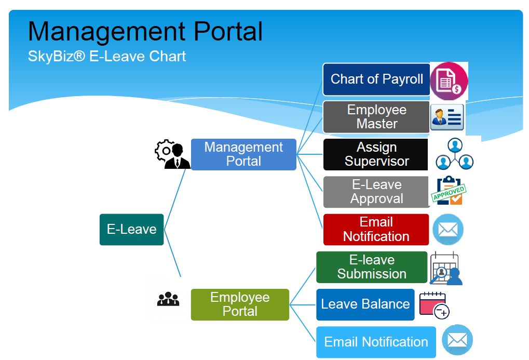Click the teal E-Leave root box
point(131,229)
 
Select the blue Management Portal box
point(243,154)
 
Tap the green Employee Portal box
point(240,304)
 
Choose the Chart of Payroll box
point(376,79)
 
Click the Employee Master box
point(376,117)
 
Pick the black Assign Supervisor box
point(376,154)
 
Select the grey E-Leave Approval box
point(376,192)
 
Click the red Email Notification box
point(376,229)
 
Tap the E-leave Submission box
point(372,267)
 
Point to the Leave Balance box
point(365,304)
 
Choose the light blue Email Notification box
point(376,342)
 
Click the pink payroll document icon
point(449,81)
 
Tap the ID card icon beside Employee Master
point(446,117)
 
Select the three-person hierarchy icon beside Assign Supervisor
point(455,154)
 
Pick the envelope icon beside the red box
point(447,229)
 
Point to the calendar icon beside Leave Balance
point(433,304)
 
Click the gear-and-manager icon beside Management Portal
point(172,154)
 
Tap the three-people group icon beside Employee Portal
point(168,299)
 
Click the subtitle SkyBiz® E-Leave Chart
point(107,56)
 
